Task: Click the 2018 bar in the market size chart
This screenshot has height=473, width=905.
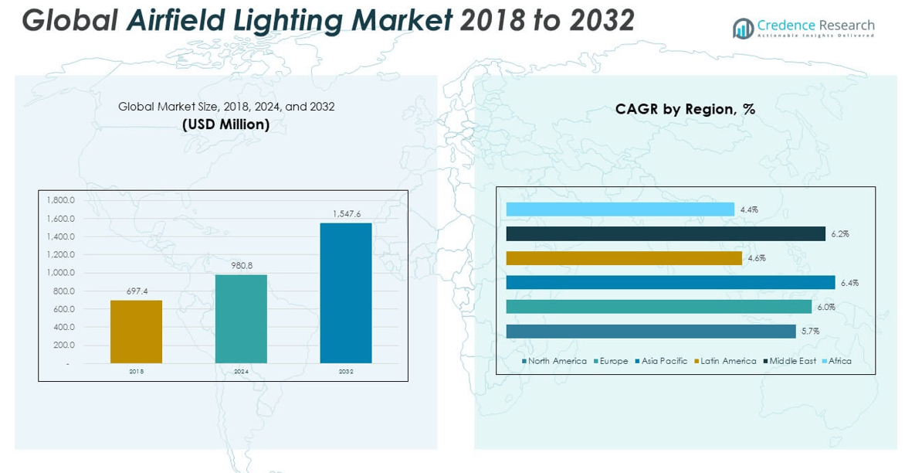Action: [x=136, y=332]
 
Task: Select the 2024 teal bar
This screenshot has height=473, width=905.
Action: [x=241, y=318]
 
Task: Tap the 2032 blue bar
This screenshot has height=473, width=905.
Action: [x=346, y=293]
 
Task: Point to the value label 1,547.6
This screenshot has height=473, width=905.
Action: [x=345, y=213]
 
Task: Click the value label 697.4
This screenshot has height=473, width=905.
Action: [x=136, y=291]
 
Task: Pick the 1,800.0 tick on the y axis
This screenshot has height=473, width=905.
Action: [x=61, y=200]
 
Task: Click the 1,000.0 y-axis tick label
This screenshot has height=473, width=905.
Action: [x=61, y=273]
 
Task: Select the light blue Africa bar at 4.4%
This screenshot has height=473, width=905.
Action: [x=620, y=209]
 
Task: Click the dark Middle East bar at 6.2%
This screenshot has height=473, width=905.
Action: [x=666, y=233]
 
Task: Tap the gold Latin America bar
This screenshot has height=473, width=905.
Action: [x=624, y=258]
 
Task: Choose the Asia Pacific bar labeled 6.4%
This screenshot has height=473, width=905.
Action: [x=670, y=283]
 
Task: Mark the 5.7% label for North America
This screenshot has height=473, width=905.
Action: [x=810, y=332]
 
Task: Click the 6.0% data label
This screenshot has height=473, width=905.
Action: [x=826, y=307]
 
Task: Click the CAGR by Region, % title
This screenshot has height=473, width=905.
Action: [x=685, y=110]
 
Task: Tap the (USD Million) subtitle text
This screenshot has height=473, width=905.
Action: [x=226, y=124]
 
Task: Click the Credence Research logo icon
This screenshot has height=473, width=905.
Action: [x=743, y=29]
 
